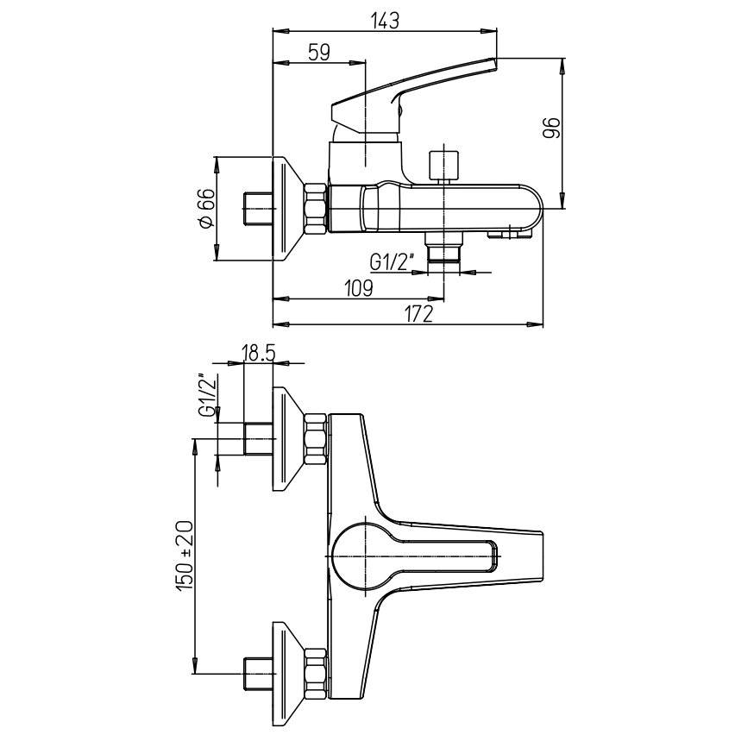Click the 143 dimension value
(x=386, y=21)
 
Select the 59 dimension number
(x=318, y=52)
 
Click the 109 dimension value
(x=357, y=288)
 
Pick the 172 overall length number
(x=418, y=315)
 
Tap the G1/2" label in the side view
(x=393, y=261)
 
